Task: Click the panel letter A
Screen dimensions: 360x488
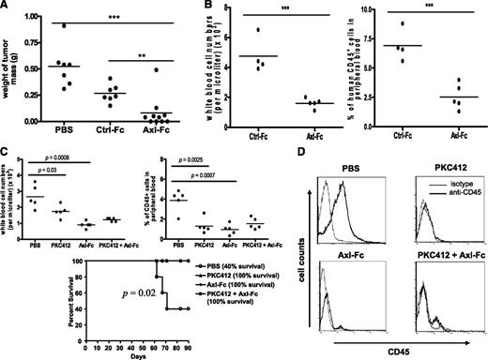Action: coord(8,7)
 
